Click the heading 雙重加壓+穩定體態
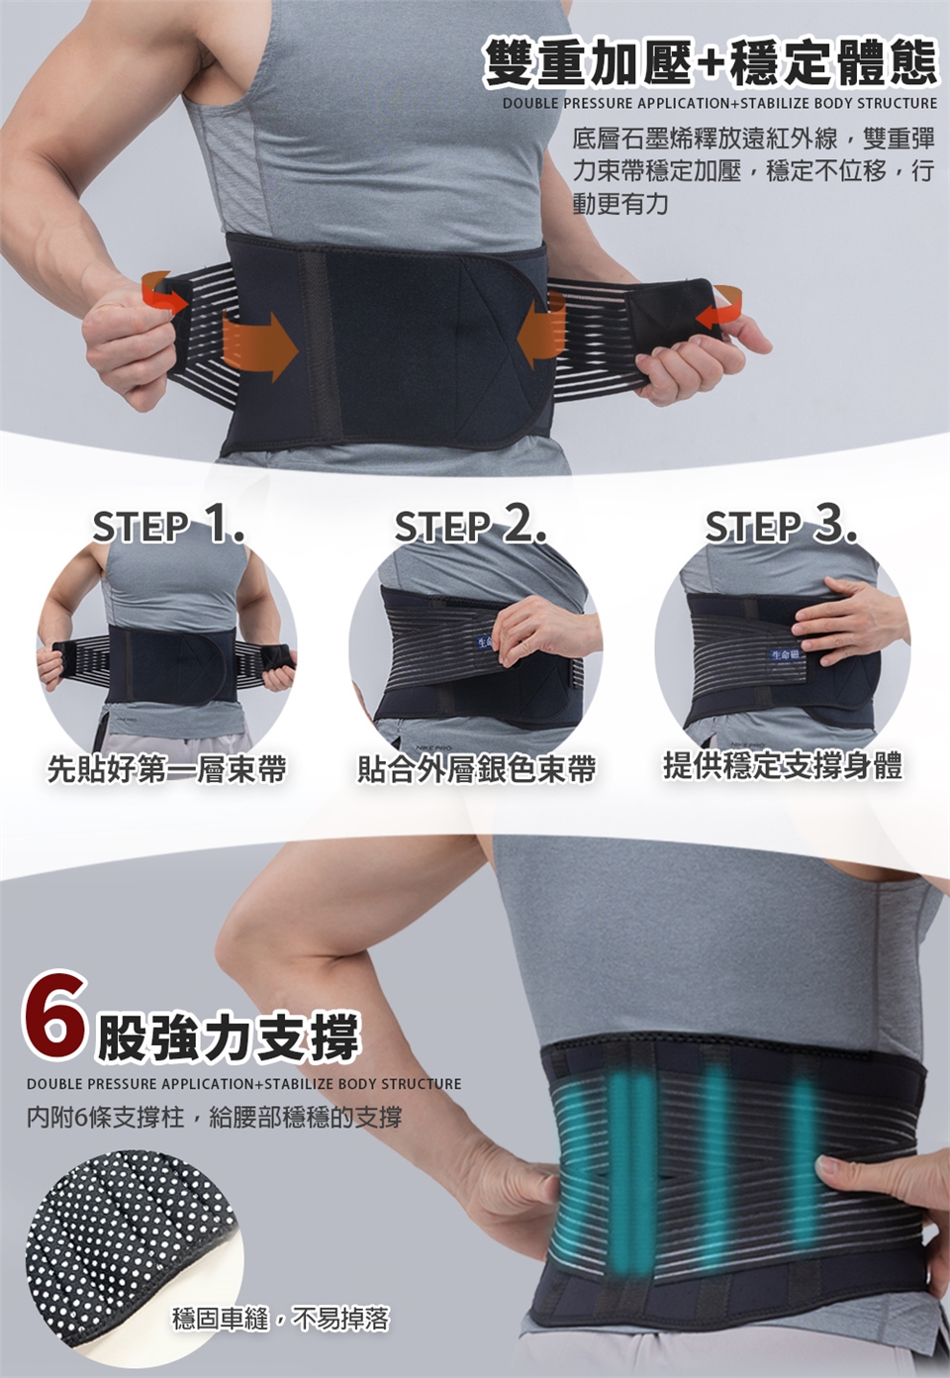711,61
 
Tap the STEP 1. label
168,528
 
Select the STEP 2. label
470,528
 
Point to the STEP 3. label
781,528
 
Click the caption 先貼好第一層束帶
166,768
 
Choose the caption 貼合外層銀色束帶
477,768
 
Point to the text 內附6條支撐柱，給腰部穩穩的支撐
214,1117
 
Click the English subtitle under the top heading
720,103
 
